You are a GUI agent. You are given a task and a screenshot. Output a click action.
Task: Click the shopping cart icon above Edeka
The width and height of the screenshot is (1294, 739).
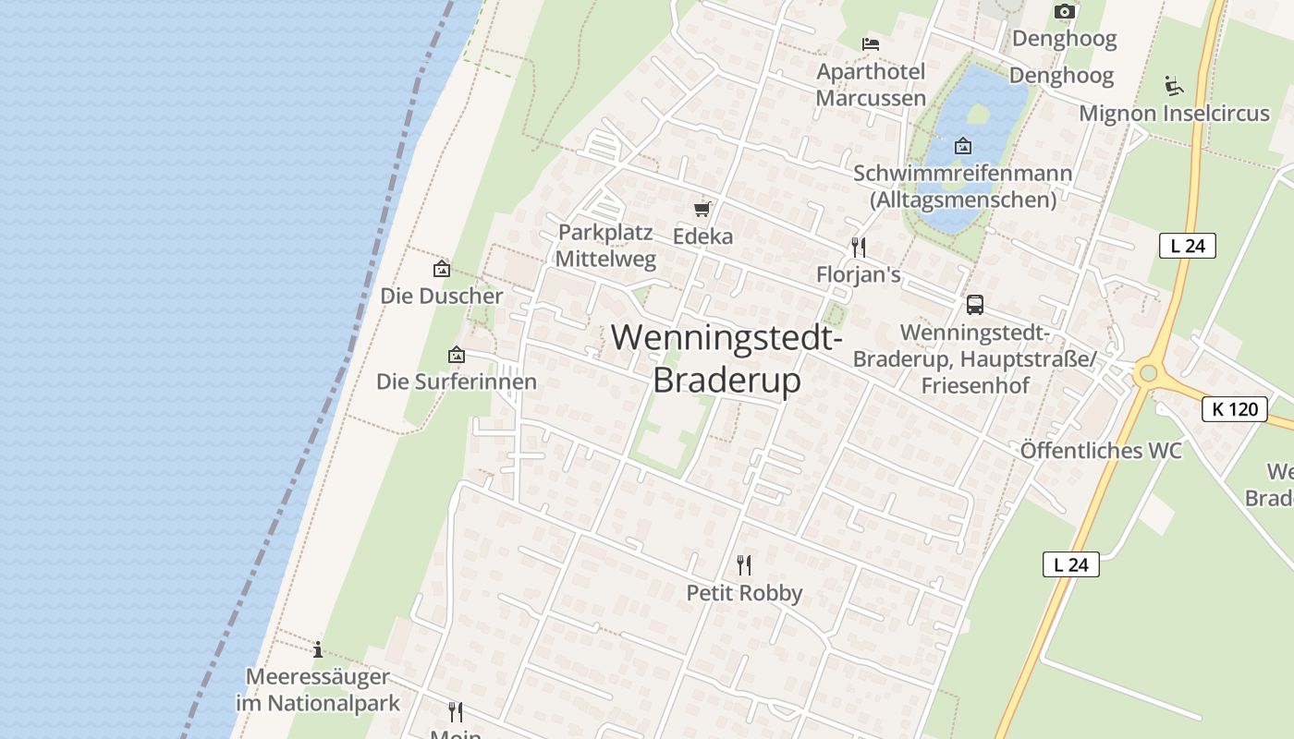point(702,209)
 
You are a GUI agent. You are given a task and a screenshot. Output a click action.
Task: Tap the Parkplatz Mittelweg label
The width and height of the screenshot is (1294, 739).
point(605,246)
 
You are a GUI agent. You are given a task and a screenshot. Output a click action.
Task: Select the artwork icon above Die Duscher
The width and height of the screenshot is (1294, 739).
point(442,270)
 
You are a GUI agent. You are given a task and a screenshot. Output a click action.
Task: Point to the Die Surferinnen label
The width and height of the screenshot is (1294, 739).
point(456,382)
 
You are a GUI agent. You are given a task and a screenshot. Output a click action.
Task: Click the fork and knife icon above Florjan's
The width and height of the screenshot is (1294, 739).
point(859,248)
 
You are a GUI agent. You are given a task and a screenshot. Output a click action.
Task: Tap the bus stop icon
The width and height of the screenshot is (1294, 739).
point(974,305)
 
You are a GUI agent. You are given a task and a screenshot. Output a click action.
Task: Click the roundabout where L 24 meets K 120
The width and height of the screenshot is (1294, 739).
point(1148,373)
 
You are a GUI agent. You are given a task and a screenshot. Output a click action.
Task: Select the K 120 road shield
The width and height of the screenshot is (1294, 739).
point(1235,408)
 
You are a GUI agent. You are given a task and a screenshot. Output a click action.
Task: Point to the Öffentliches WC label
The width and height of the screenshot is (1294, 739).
point(1101,451)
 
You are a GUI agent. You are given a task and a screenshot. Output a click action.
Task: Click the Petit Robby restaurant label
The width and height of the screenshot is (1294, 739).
point(744,593)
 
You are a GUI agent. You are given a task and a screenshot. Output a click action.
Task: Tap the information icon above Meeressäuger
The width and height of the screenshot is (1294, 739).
point(318,649)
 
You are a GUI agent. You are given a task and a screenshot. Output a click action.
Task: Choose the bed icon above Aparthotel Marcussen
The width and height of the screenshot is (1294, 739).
point(870,43)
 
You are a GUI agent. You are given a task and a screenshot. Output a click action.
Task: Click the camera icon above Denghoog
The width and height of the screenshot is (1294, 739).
point(1065,11)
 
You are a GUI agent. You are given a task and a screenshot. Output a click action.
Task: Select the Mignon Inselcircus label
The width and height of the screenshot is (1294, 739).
point(1174,114)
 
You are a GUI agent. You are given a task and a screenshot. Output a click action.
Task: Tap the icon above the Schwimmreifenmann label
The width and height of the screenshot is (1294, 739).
point(963,146)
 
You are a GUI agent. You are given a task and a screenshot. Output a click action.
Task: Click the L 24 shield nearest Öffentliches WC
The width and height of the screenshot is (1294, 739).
point(1071,564)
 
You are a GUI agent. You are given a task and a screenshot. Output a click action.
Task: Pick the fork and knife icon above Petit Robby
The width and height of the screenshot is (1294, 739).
point(744,564)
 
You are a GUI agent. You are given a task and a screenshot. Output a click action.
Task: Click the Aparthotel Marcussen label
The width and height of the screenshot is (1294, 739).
point(871,85)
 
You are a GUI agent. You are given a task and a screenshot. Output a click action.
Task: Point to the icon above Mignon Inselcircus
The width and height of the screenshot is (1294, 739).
point(1174,85)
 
